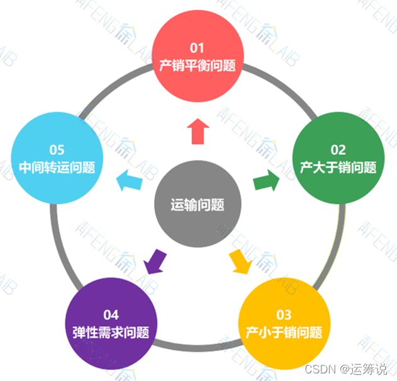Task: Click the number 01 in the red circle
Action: click(198, 47)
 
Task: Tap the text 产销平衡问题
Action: click(198, 65)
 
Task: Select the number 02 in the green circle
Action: click(338, 150)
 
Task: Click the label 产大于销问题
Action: click(338, 168)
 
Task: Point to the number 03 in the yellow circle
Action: click(284, 314)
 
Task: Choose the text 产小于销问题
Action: click(284, 332)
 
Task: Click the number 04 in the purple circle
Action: click(111, 314)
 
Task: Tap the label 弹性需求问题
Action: click(111, 332)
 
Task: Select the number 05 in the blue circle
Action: click(57, 150)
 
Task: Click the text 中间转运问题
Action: click(57, 168)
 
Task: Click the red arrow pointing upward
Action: click(198, 131)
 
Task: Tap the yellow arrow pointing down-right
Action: click(240, 261)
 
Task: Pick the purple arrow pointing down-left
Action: click(155, 261)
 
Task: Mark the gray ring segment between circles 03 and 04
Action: click(198, 348)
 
